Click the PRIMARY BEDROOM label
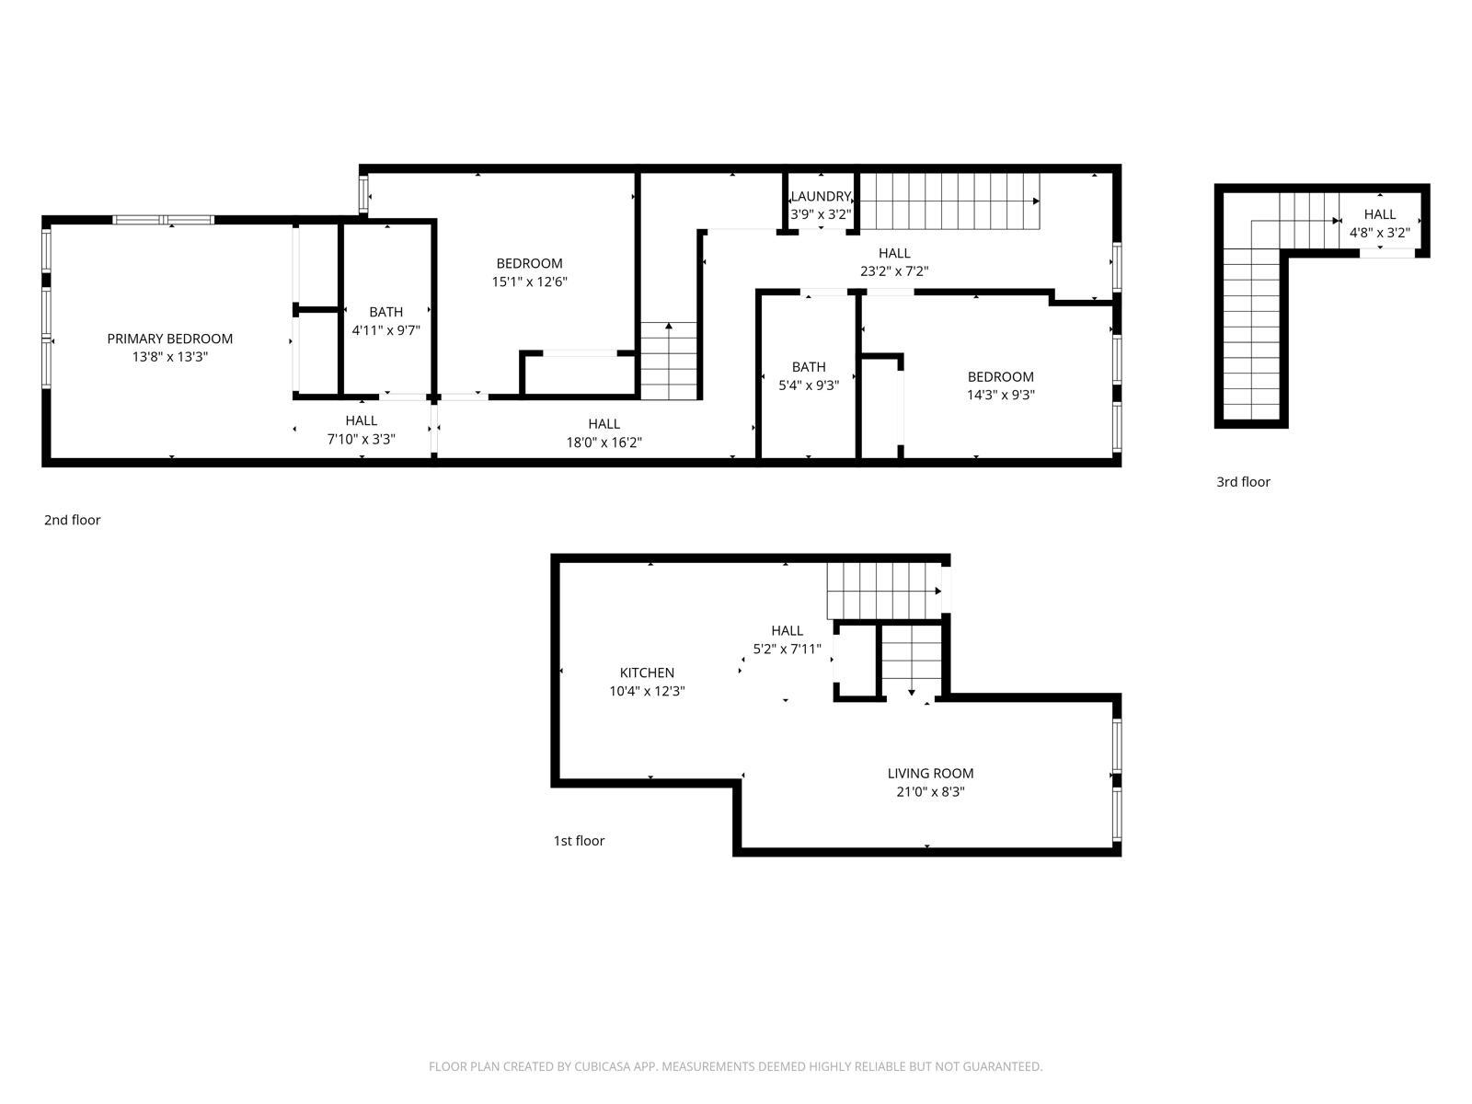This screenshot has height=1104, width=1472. point(169,339)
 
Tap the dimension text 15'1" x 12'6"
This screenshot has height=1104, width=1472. point(529,282)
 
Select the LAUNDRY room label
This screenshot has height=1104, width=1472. point(820,196)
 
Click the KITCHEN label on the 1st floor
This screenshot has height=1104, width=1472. point(647,673)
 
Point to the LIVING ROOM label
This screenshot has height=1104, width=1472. point(930,774)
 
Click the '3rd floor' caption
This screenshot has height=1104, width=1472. point(1243,482)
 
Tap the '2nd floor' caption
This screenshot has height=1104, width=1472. point(72,520)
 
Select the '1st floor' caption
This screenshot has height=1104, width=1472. point(579,841)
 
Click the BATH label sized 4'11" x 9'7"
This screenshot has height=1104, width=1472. point(385,312)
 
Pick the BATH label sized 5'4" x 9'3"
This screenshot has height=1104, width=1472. point(809,367)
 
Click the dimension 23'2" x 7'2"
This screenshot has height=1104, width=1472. point(894,271)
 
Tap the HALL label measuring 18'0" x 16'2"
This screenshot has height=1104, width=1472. point(604,423)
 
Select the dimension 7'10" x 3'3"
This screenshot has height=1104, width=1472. point(362,440)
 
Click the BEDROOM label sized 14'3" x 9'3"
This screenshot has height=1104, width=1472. point(1000,376)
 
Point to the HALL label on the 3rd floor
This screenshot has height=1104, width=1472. point(1379,214)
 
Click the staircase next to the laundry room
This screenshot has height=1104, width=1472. point(948,201)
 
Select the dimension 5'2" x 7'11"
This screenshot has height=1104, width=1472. point(787,649)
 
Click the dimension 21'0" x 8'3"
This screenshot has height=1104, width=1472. point(930,792)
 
